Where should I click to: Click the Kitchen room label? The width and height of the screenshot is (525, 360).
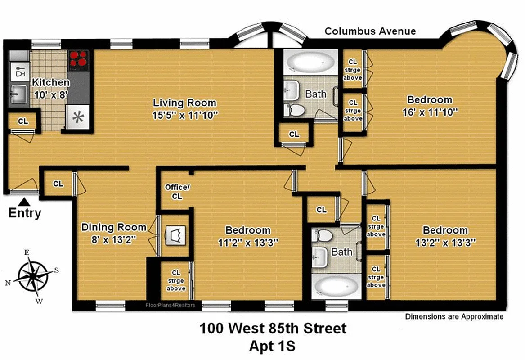click(x=50, y=83)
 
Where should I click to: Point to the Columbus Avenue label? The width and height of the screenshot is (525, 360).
click(x=370, y=31)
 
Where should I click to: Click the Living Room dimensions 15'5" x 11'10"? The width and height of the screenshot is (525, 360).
click(x=184, y=115)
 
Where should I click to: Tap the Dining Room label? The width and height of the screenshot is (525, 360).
click(x=113, y=227)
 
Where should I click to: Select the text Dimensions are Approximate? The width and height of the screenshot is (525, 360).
click(x=454, y=316)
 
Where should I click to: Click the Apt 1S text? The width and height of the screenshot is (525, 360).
click(x=273, y=346)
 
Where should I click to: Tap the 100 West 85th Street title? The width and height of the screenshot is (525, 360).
click(x=273, y=328)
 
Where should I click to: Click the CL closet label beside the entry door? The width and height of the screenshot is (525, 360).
click(x=58, y=184)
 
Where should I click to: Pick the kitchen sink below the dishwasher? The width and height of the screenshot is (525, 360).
click(x=18, y=94)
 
